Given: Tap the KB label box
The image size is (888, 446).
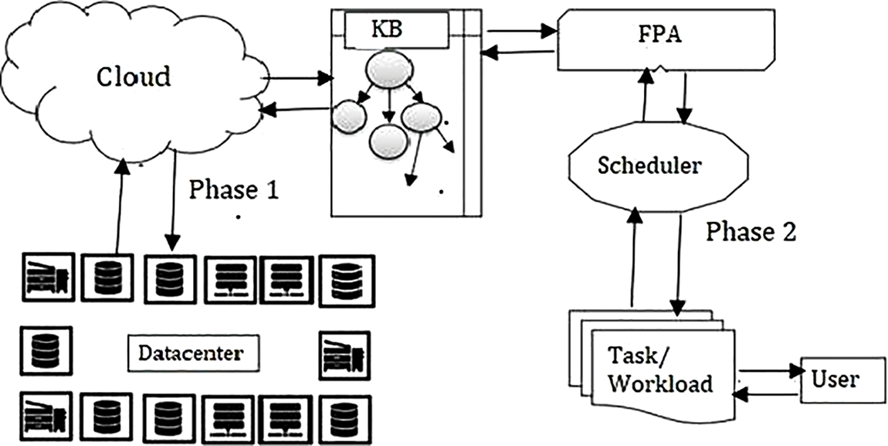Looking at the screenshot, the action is click(x=396, y=30).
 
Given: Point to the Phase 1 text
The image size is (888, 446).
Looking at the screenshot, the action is click(x=233, y=190).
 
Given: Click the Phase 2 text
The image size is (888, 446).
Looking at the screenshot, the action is click(x=751, y=231).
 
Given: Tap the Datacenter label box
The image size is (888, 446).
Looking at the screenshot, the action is click(x=191, y=353).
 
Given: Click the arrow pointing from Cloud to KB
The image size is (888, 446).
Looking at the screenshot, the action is click(x=297, y=78).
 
